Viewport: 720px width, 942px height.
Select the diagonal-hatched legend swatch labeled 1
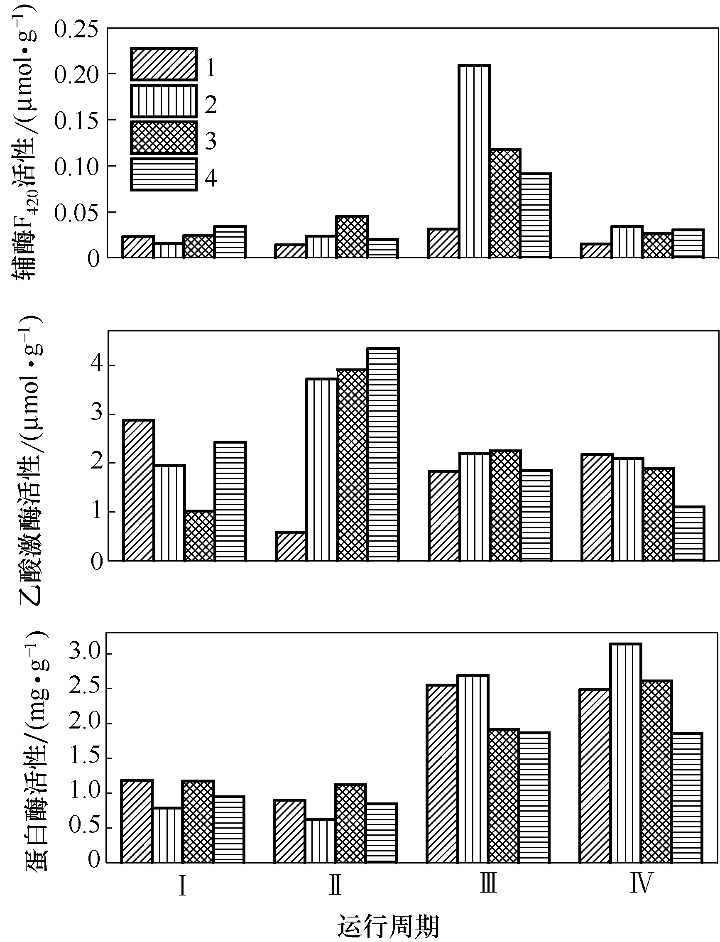[163, 64]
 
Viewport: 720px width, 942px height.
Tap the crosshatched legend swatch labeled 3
[163, 137]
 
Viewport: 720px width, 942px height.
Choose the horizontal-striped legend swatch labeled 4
[163, 174]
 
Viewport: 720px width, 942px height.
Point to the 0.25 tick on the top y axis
[76, 30]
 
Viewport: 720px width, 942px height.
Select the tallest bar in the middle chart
[383, 454]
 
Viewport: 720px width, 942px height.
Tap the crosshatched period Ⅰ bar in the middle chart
[199, 535]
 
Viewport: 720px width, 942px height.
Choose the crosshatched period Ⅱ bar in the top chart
[352, 237]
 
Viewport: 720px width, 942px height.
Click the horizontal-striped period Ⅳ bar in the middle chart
[689, 533]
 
